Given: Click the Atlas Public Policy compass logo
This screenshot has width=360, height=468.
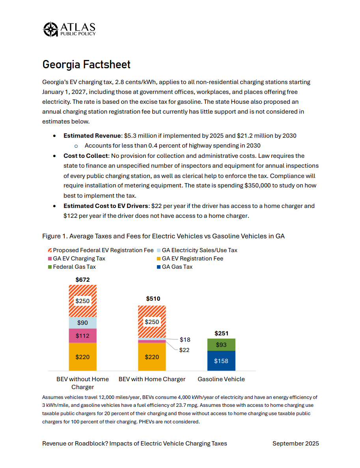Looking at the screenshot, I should click(x=50, y=29).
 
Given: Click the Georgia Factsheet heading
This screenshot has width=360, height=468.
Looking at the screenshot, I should click(x=86, y=64).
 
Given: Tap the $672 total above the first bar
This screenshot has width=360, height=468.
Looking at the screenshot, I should click(x=82, y=280).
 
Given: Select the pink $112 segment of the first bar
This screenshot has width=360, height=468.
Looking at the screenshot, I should click(x=82, y=336).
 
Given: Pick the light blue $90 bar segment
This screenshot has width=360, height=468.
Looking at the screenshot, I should click(x=82, y=323).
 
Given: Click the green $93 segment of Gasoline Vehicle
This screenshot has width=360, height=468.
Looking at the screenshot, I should click(x=221, y=345).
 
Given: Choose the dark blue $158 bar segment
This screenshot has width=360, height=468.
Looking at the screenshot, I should click(x=221, y=361).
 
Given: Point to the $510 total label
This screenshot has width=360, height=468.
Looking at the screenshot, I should click(x=153, y=299).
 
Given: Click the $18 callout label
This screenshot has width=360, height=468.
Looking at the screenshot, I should click(x=185, y=339).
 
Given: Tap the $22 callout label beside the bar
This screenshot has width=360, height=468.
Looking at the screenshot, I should click(x=184, y=350).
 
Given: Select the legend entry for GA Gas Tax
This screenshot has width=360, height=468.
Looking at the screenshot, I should click(x=177, y=267).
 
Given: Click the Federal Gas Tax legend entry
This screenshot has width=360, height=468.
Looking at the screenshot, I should click(x=74, y=267).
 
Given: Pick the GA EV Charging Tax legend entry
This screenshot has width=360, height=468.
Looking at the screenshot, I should click(x=79, y=258).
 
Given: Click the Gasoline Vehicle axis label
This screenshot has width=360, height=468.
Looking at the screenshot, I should click(x=221, y=379).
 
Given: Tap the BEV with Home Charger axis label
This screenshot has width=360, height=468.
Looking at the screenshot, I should click(x=152, y=379).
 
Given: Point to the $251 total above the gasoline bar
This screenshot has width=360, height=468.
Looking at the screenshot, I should click(x=221, y=333).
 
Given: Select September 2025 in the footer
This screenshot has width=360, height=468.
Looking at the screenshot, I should click(x=295, y=444).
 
